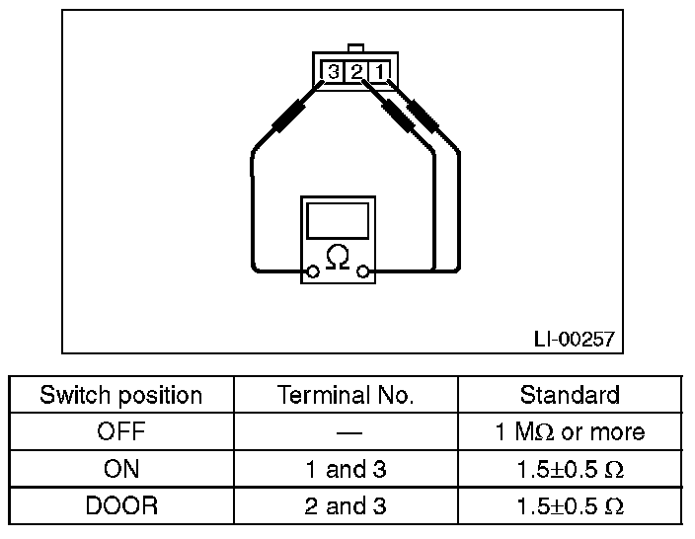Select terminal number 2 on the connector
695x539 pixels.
click(357, 71)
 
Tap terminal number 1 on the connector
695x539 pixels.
click(381, 71)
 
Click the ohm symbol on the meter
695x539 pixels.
click(338, 259)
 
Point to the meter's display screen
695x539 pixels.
click(338, 219)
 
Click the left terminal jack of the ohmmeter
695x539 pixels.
click(313, 270)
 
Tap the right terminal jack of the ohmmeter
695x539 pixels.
click(363, 270)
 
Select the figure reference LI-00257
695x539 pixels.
click(574, 339)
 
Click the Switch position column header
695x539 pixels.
click(120, 396)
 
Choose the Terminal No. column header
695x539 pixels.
click(346, 396)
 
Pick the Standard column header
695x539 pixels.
click(570, 396)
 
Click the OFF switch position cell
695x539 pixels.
click(120, 432)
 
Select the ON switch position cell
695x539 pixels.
click(120, 469)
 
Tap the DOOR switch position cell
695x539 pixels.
click(120, 506)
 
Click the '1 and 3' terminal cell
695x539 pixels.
click(346, 469)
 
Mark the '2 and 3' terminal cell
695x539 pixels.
click(346, 506)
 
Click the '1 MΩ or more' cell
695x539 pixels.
click(570, 432)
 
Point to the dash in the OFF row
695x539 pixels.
click(346, 432)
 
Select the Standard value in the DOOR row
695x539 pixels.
click(570, 506)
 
